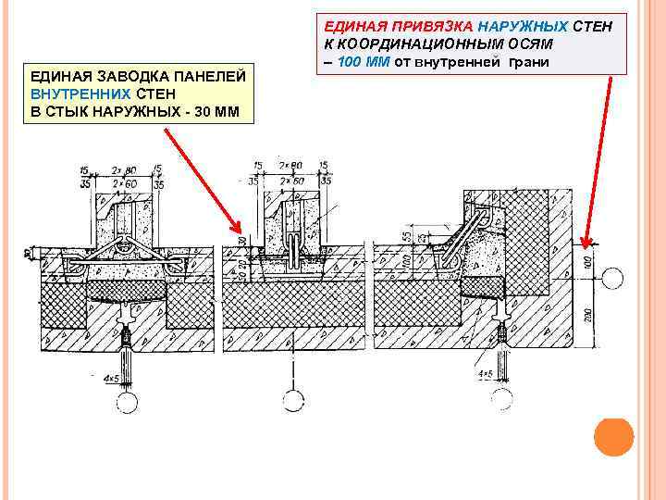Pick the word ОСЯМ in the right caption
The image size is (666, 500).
[524, 44]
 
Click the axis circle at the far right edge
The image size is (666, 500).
[611, 276]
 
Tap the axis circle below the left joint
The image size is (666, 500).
[127, 402]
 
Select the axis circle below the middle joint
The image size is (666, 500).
[294, 402]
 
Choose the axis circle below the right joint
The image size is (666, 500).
[502, 399]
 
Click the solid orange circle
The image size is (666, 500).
[613, 436]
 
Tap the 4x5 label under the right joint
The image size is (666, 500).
[483, 374]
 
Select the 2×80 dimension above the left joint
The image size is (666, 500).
[122, 170]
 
